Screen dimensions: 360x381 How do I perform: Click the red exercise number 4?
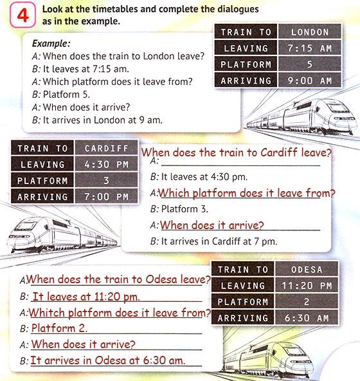(22, 16)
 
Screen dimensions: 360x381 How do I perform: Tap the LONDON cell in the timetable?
(309, 32)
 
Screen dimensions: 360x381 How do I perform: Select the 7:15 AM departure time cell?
(309, 48)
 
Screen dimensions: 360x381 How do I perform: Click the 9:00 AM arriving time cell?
(309, 80)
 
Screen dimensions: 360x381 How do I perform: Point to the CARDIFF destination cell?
(106, 148)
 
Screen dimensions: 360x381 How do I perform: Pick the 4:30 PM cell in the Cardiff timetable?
(106, 164)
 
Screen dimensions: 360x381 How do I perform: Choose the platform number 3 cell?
(106, 180)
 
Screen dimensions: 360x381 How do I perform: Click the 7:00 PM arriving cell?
(106, 196)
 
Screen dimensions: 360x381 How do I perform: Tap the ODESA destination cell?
(307, 269)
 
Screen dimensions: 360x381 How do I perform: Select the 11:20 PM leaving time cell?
(307, 285)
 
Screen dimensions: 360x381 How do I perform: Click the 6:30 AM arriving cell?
(307, 317)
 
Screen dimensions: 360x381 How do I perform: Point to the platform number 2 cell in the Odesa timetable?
(307, 302)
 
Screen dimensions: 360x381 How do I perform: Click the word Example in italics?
(51, 44)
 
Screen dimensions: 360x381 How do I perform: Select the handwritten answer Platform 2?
(59, 328)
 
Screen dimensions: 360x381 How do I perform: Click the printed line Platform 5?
(66, 94)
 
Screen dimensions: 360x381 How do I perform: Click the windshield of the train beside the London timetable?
(337, 107)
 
